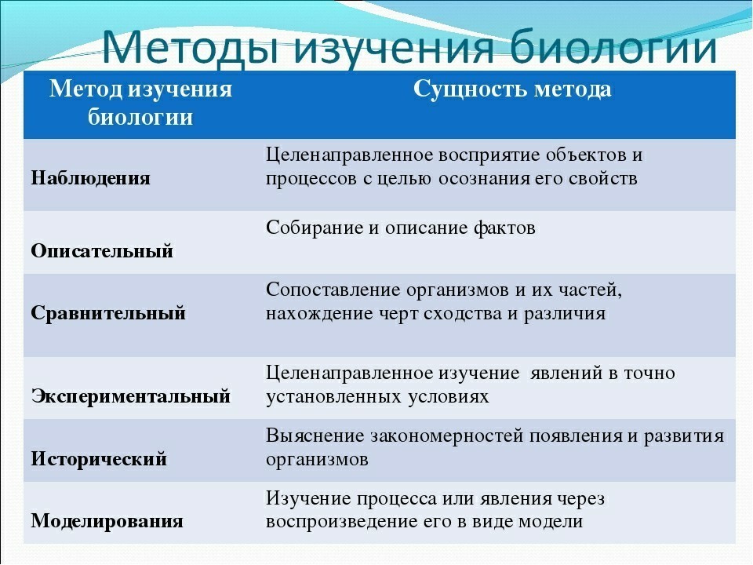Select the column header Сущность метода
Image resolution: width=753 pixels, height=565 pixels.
click(512, 89)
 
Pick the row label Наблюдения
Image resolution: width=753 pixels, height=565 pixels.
click(90, 177)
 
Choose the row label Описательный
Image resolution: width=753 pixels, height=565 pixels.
click(102, 251)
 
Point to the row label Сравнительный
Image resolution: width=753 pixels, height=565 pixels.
click(108, 313)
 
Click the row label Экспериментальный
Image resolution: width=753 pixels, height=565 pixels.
click(131, 396)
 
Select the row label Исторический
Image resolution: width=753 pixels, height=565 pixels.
click(99, 459)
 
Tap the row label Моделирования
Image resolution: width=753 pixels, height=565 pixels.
click(107, 521)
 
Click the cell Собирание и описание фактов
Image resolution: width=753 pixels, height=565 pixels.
click(401, 228)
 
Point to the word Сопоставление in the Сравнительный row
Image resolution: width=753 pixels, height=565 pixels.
click(333, 290)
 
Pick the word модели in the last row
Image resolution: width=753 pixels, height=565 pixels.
click(555, 522)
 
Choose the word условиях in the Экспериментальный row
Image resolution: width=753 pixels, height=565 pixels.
click(449, 397)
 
